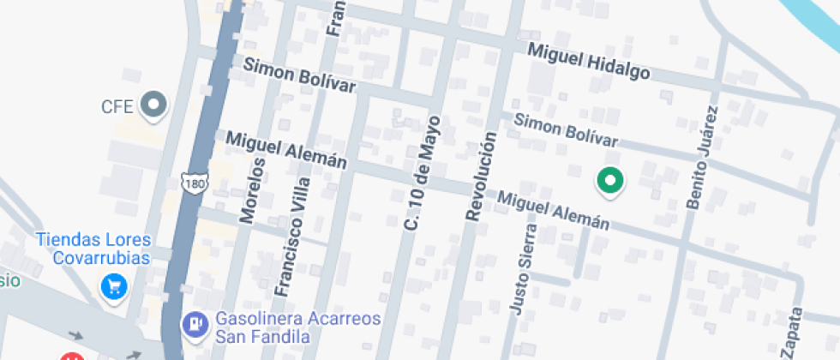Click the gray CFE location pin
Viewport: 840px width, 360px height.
pyautogui.click(x=155, y=105)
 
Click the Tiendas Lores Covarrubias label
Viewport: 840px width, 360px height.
pyautogui.click(x=93, y=248)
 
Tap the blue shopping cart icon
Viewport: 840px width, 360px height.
pyautogui.click(x=114, y=287)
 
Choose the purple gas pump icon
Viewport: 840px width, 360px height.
pyautogui.click(x=195, y=324)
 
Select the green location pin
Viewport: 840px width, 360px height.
pyautogui.click(x=610, y=180)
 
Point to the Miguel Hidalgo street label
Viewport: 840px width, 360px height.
pyautogui.click(x=588, y=62)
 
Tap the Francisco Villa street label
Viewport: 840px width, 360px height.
pyautogui.click(x=293, y=232)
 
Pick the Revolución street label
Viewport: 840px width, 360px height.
pyautogui.click(x=482, y=177)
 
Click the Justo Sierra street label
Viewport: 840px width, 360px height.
pyautogui.click(x=523, y=269)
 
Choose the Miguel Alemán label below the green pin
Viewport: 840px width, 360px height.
pyautogui.click(x=554, y=210)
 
